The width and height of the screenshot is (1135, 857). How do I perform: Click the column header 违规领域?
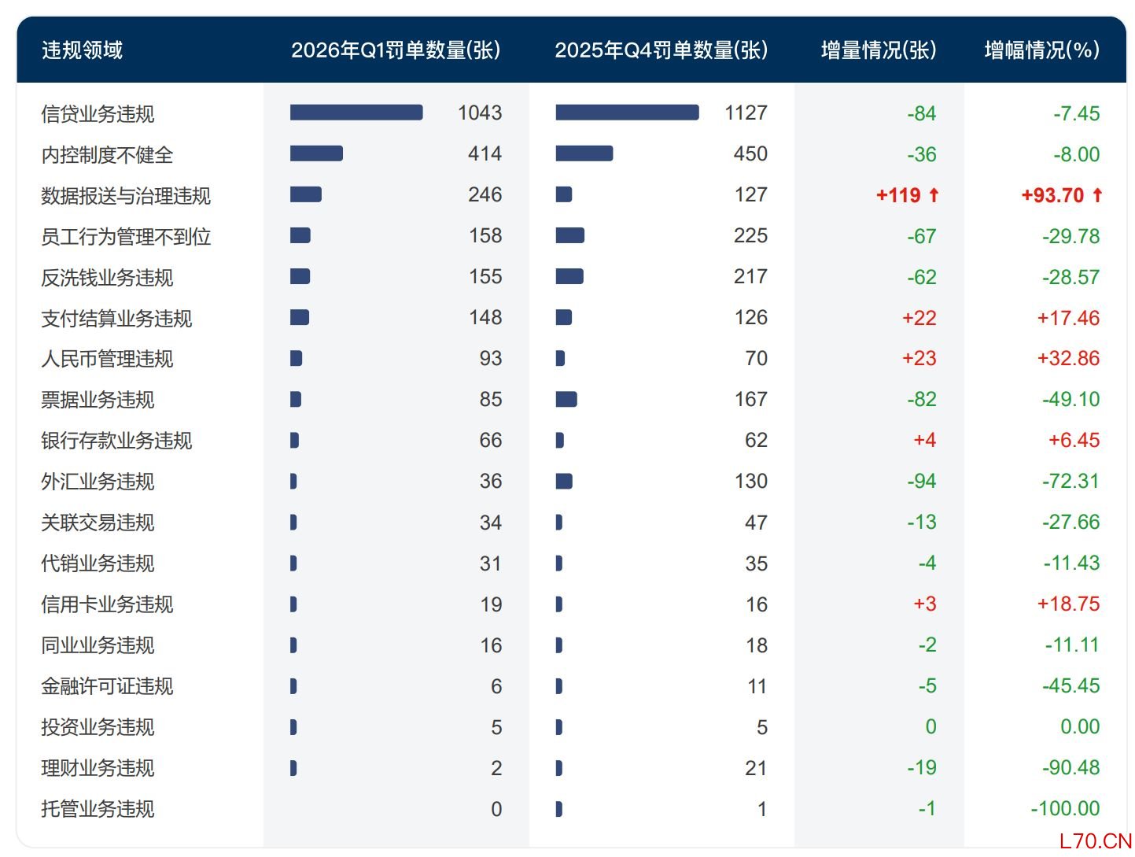(x=82, y=50)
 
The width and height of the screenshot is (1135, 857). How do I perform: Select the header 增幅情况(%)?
(x=1041, y=50)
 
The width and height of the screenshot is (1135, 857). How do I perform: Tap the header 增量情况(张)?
(x=878, y=50)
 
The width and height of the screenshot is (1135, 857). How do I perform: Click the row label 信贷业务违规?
(x=98, y=114)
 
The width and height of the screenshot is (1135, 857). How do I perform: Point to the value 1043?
(x=479, y=113)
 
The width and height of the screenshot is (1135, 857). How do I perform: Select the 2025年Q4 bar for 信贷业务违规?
(x=627, y=113)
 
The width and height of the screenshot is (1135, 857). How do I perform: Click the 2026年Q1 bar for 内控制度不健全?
(x=316, y=153)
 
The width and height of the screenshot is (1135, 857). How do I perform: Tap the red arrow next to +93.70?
(x=1097, y=195)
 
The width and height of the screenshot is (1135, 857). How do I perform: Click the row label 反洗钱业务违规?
(x=107, y=278)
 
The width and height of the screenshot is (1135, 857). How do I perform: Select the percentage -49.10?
(x=1071, y=400)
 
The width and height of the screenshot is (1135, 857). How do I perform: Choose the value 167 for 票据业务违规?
(x=750, y=400)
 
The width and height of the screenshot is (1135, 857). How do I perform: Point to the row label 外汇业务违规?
(x=98, y=482)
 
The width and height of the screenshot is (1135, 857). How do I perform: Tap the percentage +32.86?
(x=1068, y=359)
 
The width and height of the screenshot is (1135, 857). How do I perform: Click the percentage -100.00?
(x=1065, y=809)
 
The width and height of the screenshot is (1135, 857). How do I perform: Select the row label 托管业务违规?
(x=98, y=809)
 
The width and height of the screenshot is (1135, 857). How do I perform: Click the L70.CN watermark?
(x=1095, y=841)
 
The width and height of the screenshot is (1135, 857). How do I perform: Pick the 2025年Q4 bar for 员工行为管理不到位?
(x=569, y=235)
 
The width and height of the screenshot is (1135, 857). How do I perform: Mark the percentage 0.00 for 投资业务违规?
(x=1079, y=727)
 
